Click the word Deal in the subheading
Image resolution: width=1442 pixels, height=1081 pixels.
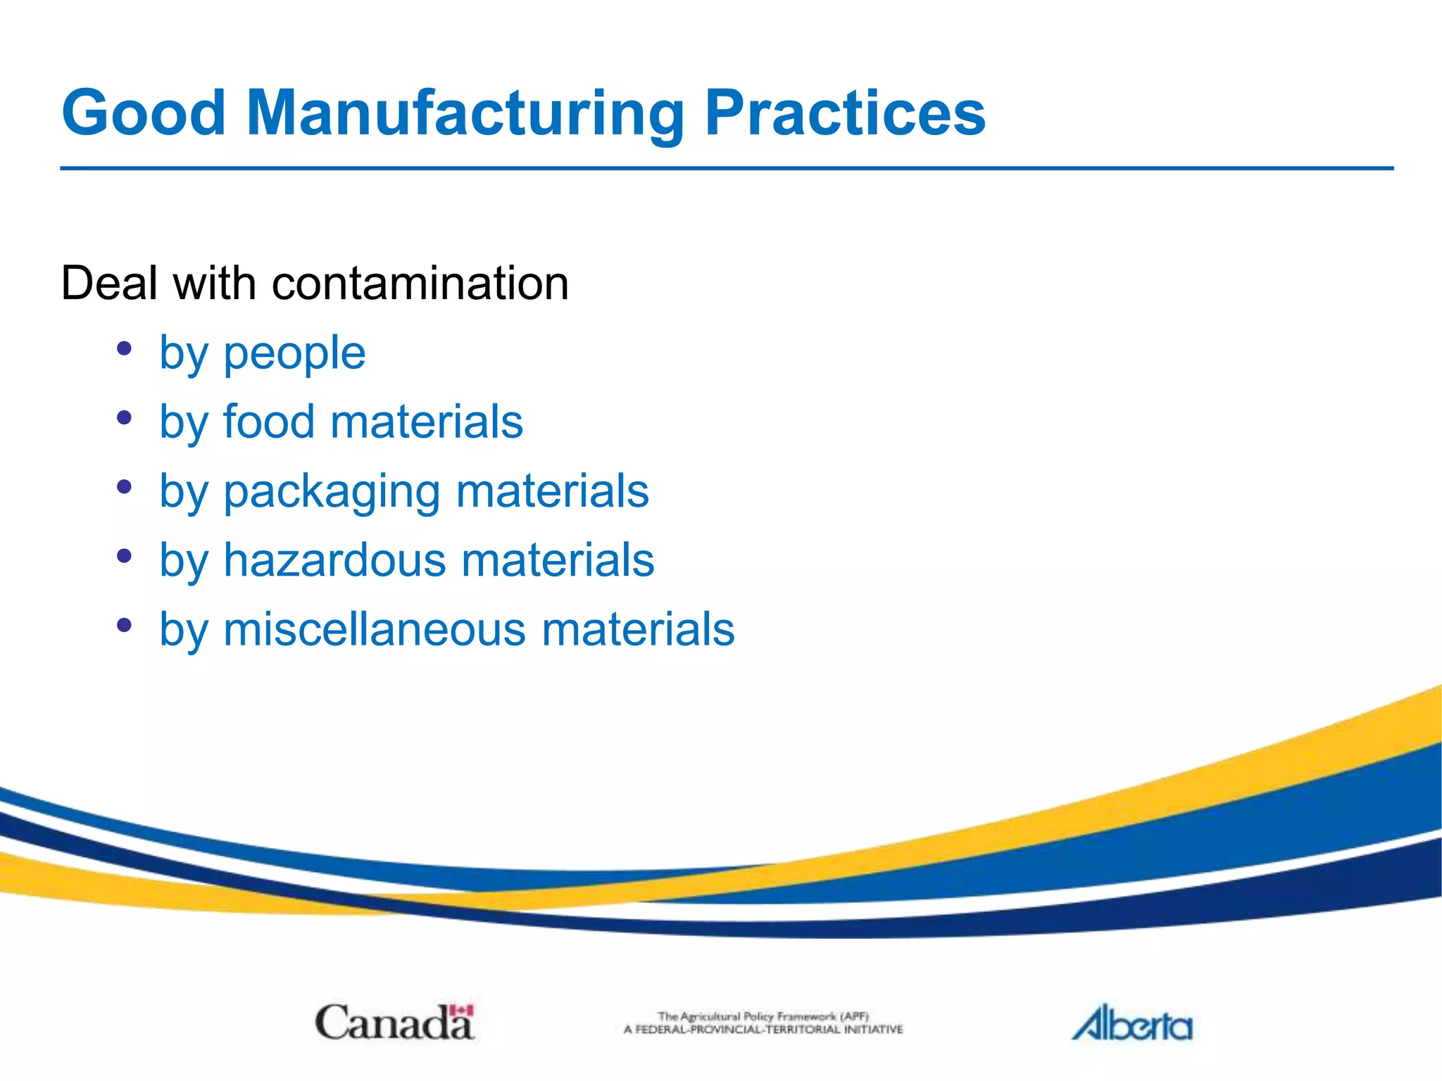(109, 283)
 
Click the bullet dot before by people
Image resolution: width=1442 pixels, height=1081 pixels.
(125, 348)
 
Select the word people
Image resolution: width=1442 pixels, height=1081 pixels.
(294, 354)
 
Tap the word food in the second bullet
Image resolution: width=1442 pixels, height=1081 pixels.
(268, 422)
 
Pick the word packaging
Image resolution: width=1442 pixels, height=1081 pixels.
(331, 492)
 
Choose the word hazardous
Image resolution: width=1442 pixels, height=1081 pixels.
(334, 560)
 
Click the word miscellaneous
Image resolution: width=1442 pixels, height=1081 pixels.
(374, 628)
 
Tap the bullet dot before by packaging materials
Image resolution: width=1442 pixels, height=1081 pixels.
(125, 486)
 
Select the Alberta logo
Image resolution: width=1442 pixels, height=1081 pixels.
(1131, 1023)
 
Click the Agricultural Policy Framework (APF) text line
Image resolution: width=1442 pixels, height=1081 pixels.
(763, 1016)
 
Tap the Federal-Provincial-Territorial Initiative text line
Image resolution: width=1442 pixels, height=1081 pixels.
(763, 1030)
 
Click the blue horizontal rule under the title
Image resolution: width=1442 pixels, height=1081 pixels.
(725, 168)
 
